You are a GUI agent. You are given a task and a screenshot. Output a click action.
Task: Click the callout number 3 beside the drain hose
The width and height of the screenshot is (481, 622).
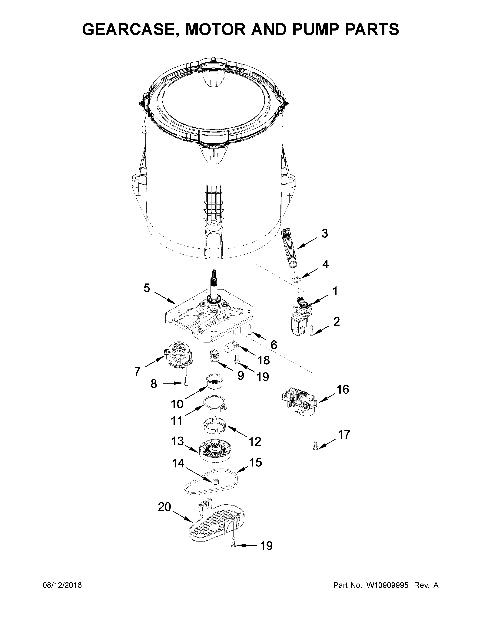point(325,234)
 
